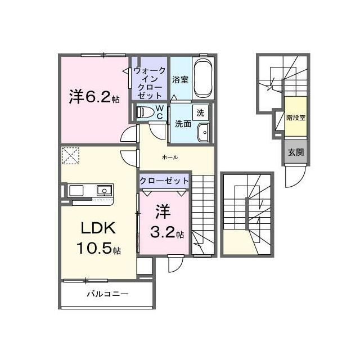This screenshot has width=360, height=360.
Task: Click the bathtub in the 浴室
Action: coord(202,78)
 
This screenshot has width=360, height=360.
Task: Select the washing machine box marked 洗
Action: coord(200,112)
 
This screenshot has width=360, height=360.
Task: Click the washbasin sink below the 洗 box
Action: coord(204,132)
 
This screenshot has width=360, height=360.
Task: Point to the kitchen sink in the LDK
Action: coord(105,190)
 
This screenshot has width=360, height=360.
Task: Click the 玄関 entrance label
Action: coord(296,152)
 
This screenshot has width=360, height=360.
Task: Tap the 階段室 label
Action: coord(296,118)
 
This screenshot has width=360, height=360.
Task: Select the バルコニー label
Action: coord(107,294)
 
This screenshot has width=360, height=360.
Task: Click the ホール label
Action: coord(170,157)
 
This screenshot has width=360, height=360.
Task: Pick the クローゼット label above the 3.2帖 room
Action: coord(164,181)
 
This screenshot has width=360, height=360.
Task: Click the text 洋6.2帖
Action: coord(94,97)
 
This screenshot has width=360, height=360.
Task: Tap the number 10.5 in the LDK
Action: coord(95,248)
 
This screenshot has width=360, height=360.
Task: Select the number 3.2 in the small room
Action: coord(163,232)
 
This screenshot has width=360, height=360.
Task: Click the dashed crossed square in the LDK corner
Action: coord(70,156)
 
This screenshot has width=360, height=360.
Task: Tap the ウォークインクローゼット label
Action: coord(149,83)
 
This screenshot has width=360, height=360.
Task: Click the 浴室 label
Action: coord(181,80)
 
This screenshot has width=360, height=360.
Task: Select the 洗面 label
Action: coord(183,124)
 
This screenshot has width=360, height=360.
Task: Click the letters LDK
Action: coord(98,228)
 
